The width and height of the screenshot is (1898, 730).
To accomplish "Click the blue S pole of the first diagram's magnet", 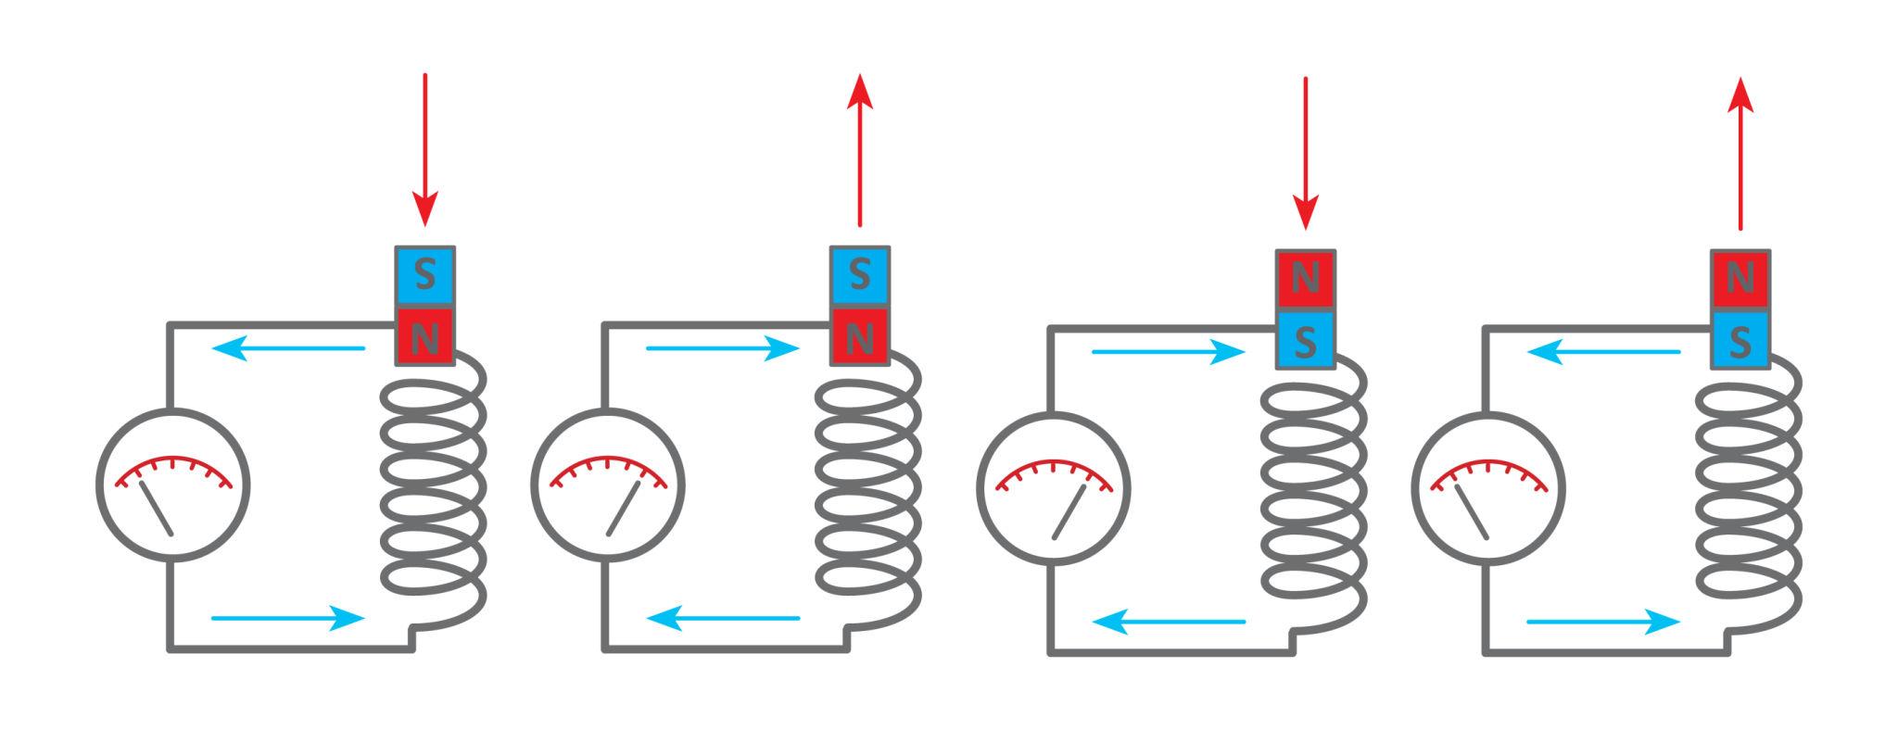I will click(x=424, y=275).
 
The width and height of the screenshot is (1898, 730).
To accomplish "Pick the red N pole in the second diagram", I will click(x=860, y=338).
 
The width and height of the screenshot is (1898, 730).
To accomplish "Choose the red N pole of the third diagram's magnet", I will click(x=1305, y=278).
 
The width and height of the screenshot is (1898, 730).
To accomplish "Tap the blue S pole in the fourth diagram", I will click(x=1740, y=342).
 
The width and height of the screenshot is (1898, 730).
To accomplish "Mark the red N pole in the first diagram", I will click(x=424, y=338).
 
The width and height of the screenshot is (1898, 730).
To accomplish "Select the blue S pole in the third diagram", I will click(x=1305, y=342).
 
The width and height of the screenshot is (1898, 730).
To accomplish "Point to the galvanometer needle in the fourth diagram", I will click(x=1472, y=511).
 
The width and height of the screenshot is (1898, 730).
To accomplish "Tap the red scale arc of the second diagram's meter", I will click(x=608, y=469).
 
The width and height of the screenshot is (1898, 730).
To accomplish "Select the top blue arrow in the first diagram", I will click(x=288, y=349).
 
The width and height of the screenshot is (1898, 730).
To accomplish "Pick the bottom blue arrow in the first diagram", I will click(x=288, y=618).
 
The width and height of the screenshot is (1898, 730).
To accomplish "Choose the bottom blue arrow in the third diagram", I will click(x=1169, y=622).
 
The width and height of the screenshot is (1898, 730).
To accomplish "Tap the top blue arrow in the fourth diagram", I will click(x=1603, y=352).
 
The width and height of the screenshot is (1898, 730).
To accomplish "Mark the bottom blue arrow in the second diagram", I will click(x=723, y=618).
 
